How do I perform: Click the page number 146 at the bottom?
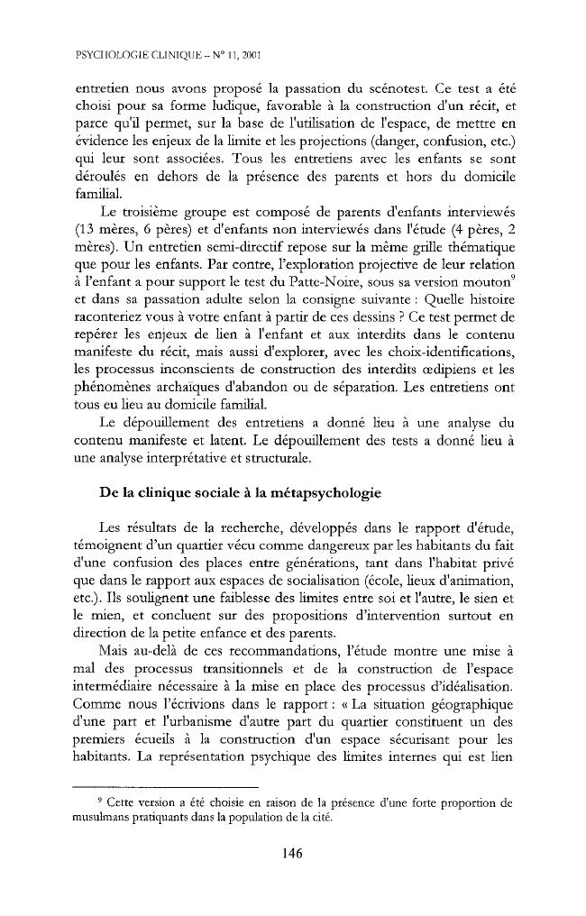click(292, 854)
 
